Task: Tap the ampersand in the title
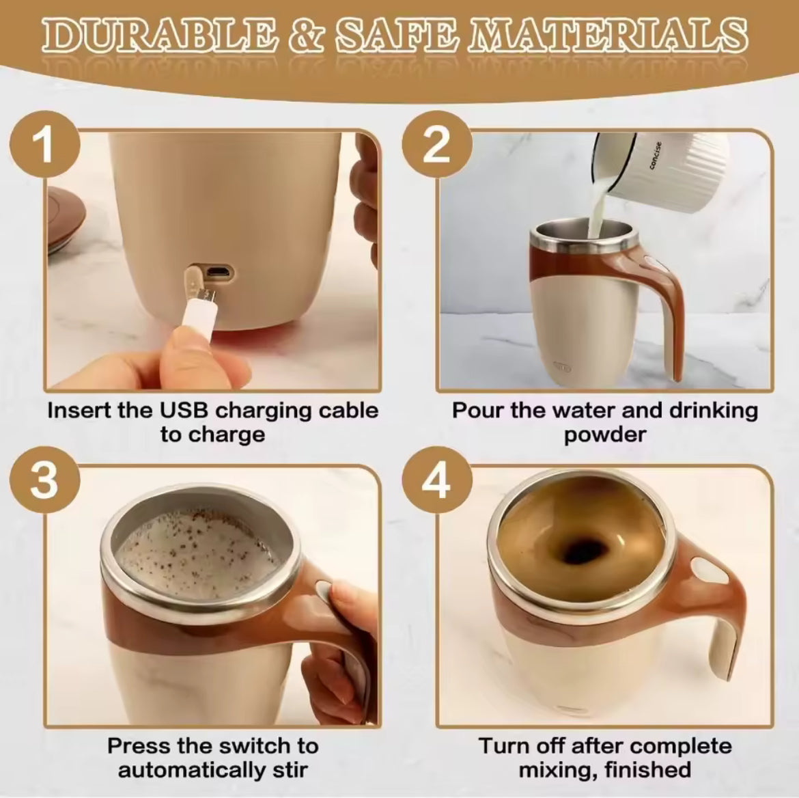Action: [316, 36]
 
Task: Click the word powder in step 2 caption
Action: [605, 435]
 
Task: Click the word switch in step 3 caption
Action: [260, 745]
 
